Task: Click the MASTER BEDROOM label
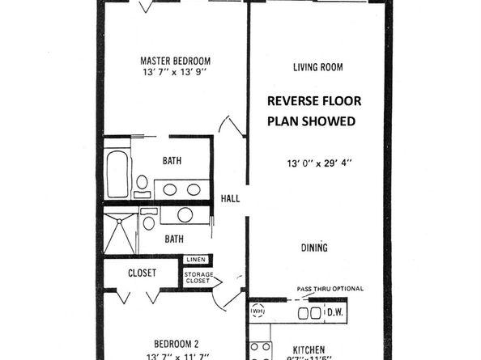[x=175, y=61]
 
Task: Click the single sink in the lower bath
[x=185, y=215]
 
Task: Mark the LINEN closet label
[x=195, y=260]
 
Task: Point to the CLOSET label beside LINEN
[x=142, y=273]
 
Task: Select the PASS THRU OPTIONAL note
[x=329, y=289]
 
